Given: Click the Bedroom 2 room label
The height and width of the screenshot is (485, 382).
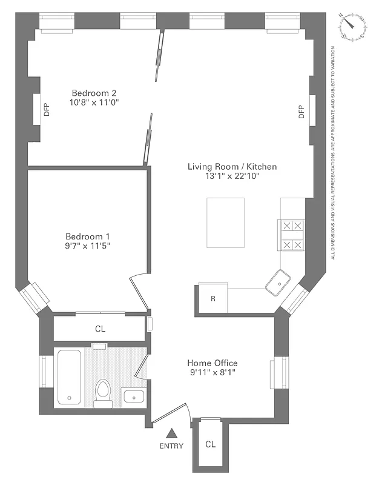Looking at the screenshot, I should [x=94, y=93].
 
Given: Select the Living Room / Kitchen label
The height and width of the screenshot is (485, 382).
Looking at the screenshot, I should [x=232, y=166].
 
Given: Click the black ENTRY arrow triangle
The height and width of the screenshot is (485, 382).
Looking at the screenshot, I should [x=172, y=433].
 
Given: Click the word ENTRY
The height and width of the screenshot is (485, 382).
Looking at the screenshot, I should [x=172, y=446].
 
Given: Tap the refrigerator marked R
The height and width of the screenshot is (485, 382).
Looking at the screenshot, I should [x=213, y=298].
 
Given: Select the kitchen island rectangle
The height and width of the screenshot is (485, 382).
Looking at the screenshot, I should [x=226, y=222].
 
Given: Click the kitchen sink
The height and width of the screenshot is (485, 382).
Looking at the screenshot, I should [x=280, y=281].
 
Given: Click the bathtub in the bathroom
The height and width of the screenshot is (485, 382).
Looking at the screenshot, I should [x=70, y=377].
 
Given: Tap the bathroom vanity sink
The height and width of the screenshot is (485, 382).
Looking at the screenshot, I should [x=133, y=397].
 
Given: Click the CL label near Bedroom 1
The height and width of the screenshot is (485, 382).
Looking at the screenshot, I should [x=100, y=329].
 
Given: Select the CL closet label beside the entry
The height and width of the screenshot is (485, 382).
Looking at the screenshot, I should [x=210, y=444].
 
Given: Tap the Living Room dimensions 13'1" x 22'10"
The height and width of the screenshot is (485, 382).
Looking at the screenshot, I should [x=232, y=176].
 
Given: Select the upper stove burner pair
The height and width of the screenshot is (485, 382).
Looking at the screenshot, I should [x=293, y=226].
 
